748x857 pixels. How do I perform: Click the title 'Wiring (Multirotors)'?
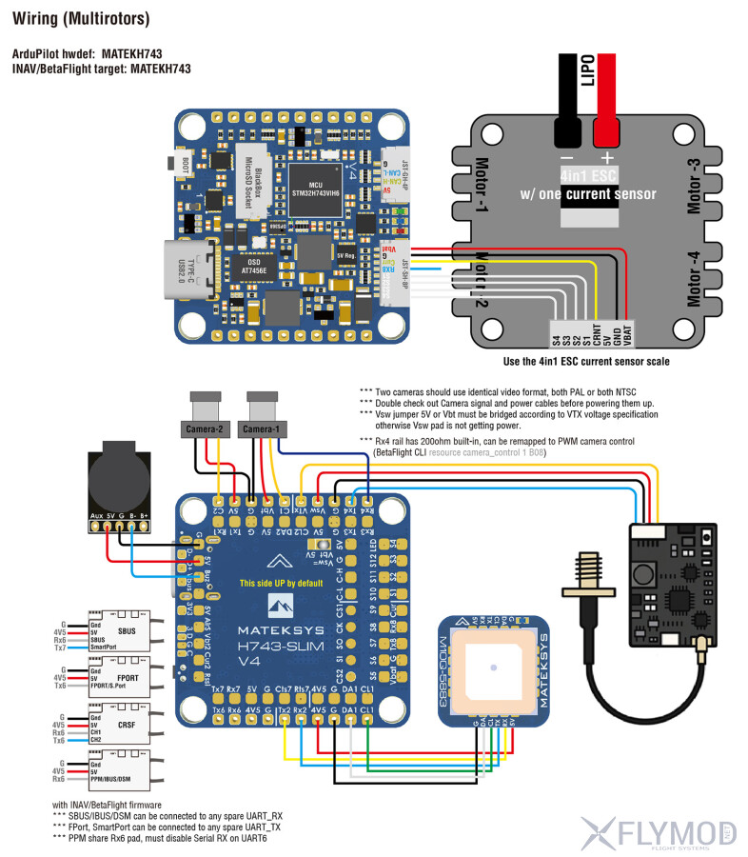pyautogui.click(x=80, y=19)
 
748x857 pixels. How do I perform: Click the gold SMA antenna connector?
pyautogui.click(x=587, y=590)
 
